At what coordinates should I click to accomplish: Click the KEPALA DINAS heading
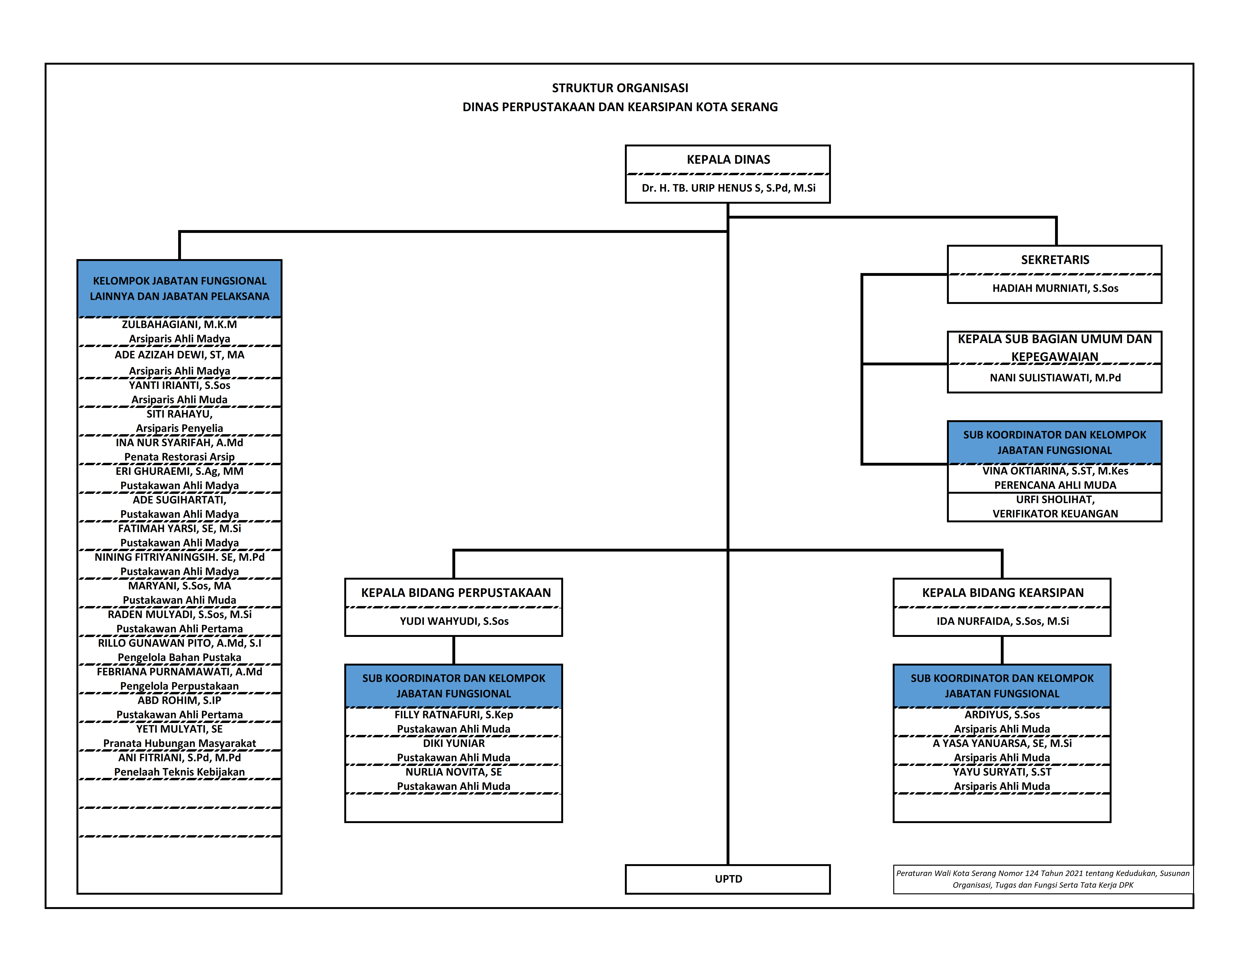(x=728, y=159)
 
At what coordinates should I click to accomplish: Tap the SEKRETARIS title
(x=1055, y=260)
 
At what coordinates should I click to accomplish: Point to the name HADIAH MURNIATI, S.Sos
(x=1055, y=288)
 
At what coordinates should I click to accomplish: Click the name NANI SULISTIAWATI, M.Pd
(x=1055, y=377)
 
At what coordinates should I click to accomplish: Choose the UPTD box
(x=728, y=879)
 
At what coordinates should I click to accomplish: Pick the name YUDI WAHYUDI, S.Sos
(x=454, y=621)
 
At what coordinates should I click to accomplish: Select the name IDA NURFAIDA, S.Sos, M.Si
(x=1002, y=621)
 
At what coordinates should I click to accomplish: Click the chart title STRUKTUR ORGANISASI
(x=620, y=88)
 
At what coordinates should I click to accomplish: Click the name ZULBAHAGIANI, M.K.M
(x=179, y=324)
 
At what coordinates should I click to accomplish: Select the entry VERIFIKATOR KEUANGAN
(x=1055, y=513)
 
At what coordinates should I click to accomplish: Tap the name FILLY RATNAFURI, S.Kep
(x=454, y=715)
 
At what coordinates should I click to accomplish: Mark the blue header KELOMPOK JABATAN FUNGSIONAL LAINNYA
(x=179, y=289)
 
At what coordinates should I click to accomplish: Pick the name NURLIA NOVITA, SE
(x=454, y=772)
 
